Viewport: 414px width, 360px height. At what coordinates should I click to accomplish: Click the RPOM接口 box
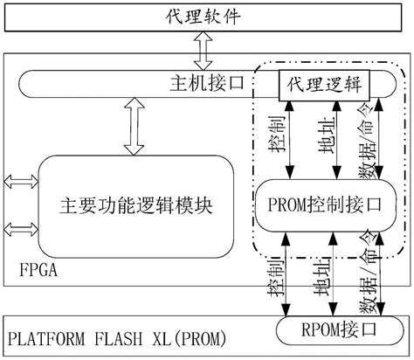tap(335, 331)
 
